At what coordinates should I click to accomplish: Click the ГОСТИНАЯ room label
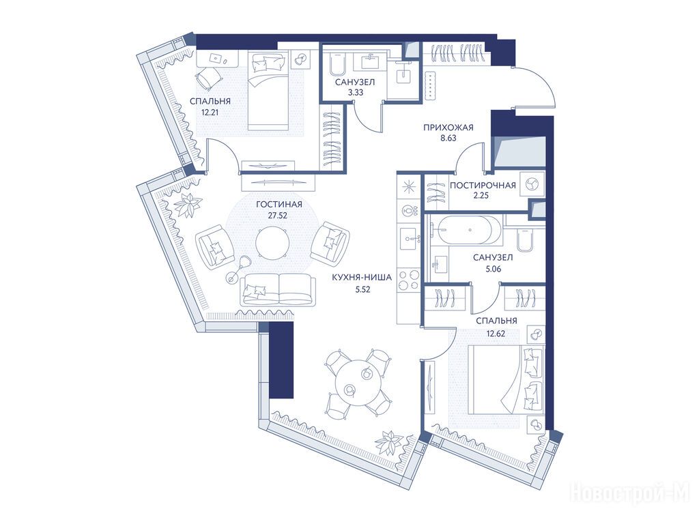(x=279, y=205)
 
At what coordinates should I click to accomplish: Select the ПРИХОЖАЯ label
(x=448, y=128)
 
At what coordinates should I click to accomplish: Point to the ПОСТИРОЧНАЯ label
(x=483, y=186)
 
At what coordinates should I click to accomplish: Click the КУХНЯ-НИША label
(x=362, y=278)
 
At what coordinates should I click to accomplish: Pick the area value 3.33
(x=356, y=93)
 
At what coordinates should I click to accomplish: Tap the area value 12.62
(x=496, y=332)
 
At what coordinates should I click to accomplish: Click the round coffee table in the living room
(x=272, y=242)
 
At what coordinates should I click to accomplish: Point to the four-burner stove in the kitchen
(x=409, y=280)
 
